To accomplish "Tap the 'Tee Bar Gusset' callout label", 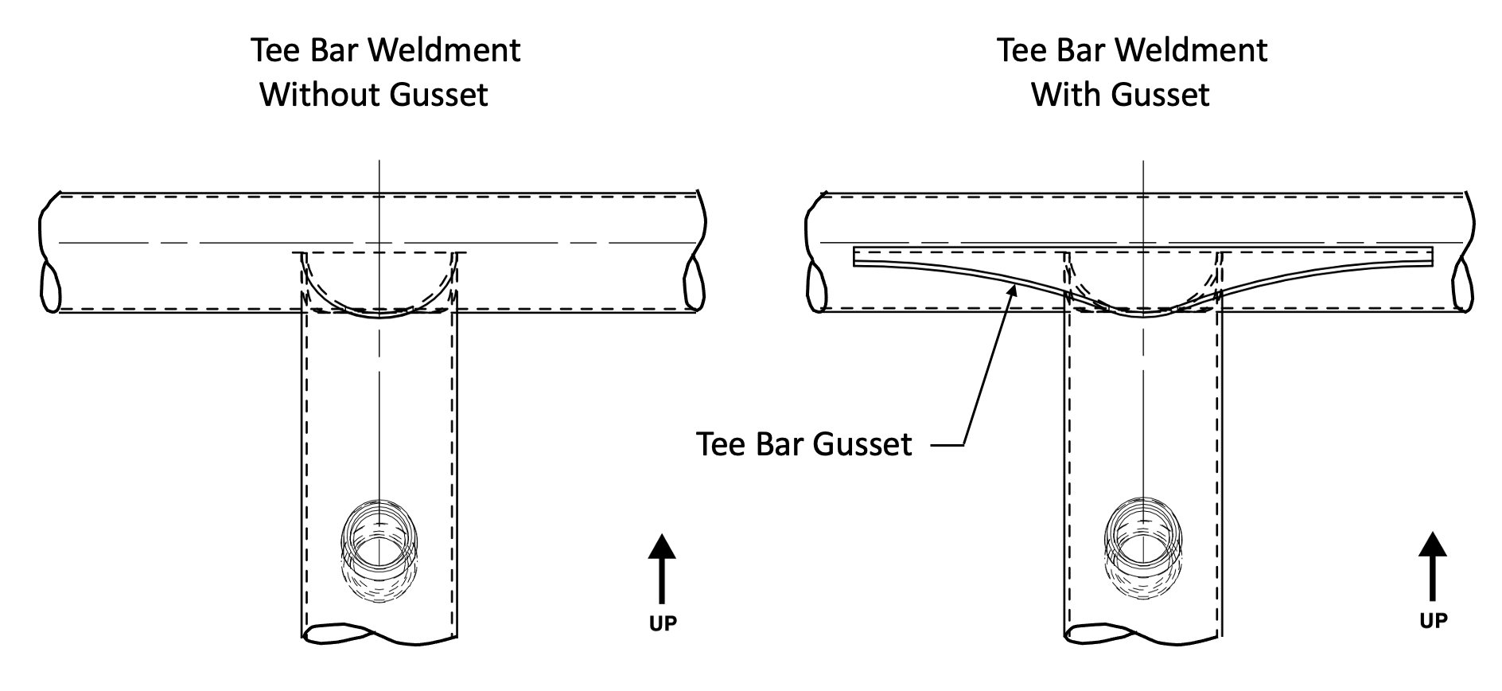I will [804, 444].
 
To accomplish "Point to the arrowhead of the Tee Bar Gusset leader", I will [1013, 292].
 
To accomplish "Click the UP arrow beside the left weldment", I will [661, 568].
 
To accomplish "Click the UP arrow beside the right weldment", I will [1432, 566].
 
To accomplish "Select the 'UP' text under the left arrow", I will [662, 623].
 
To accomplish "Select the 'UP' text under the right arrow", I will [1433, 620].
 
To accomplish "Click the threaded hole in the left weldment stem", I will [379, 542].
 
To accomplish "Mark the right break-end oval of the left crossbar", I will [693, 283].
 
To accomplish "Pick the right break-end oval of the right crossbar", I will [1462, 284].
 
